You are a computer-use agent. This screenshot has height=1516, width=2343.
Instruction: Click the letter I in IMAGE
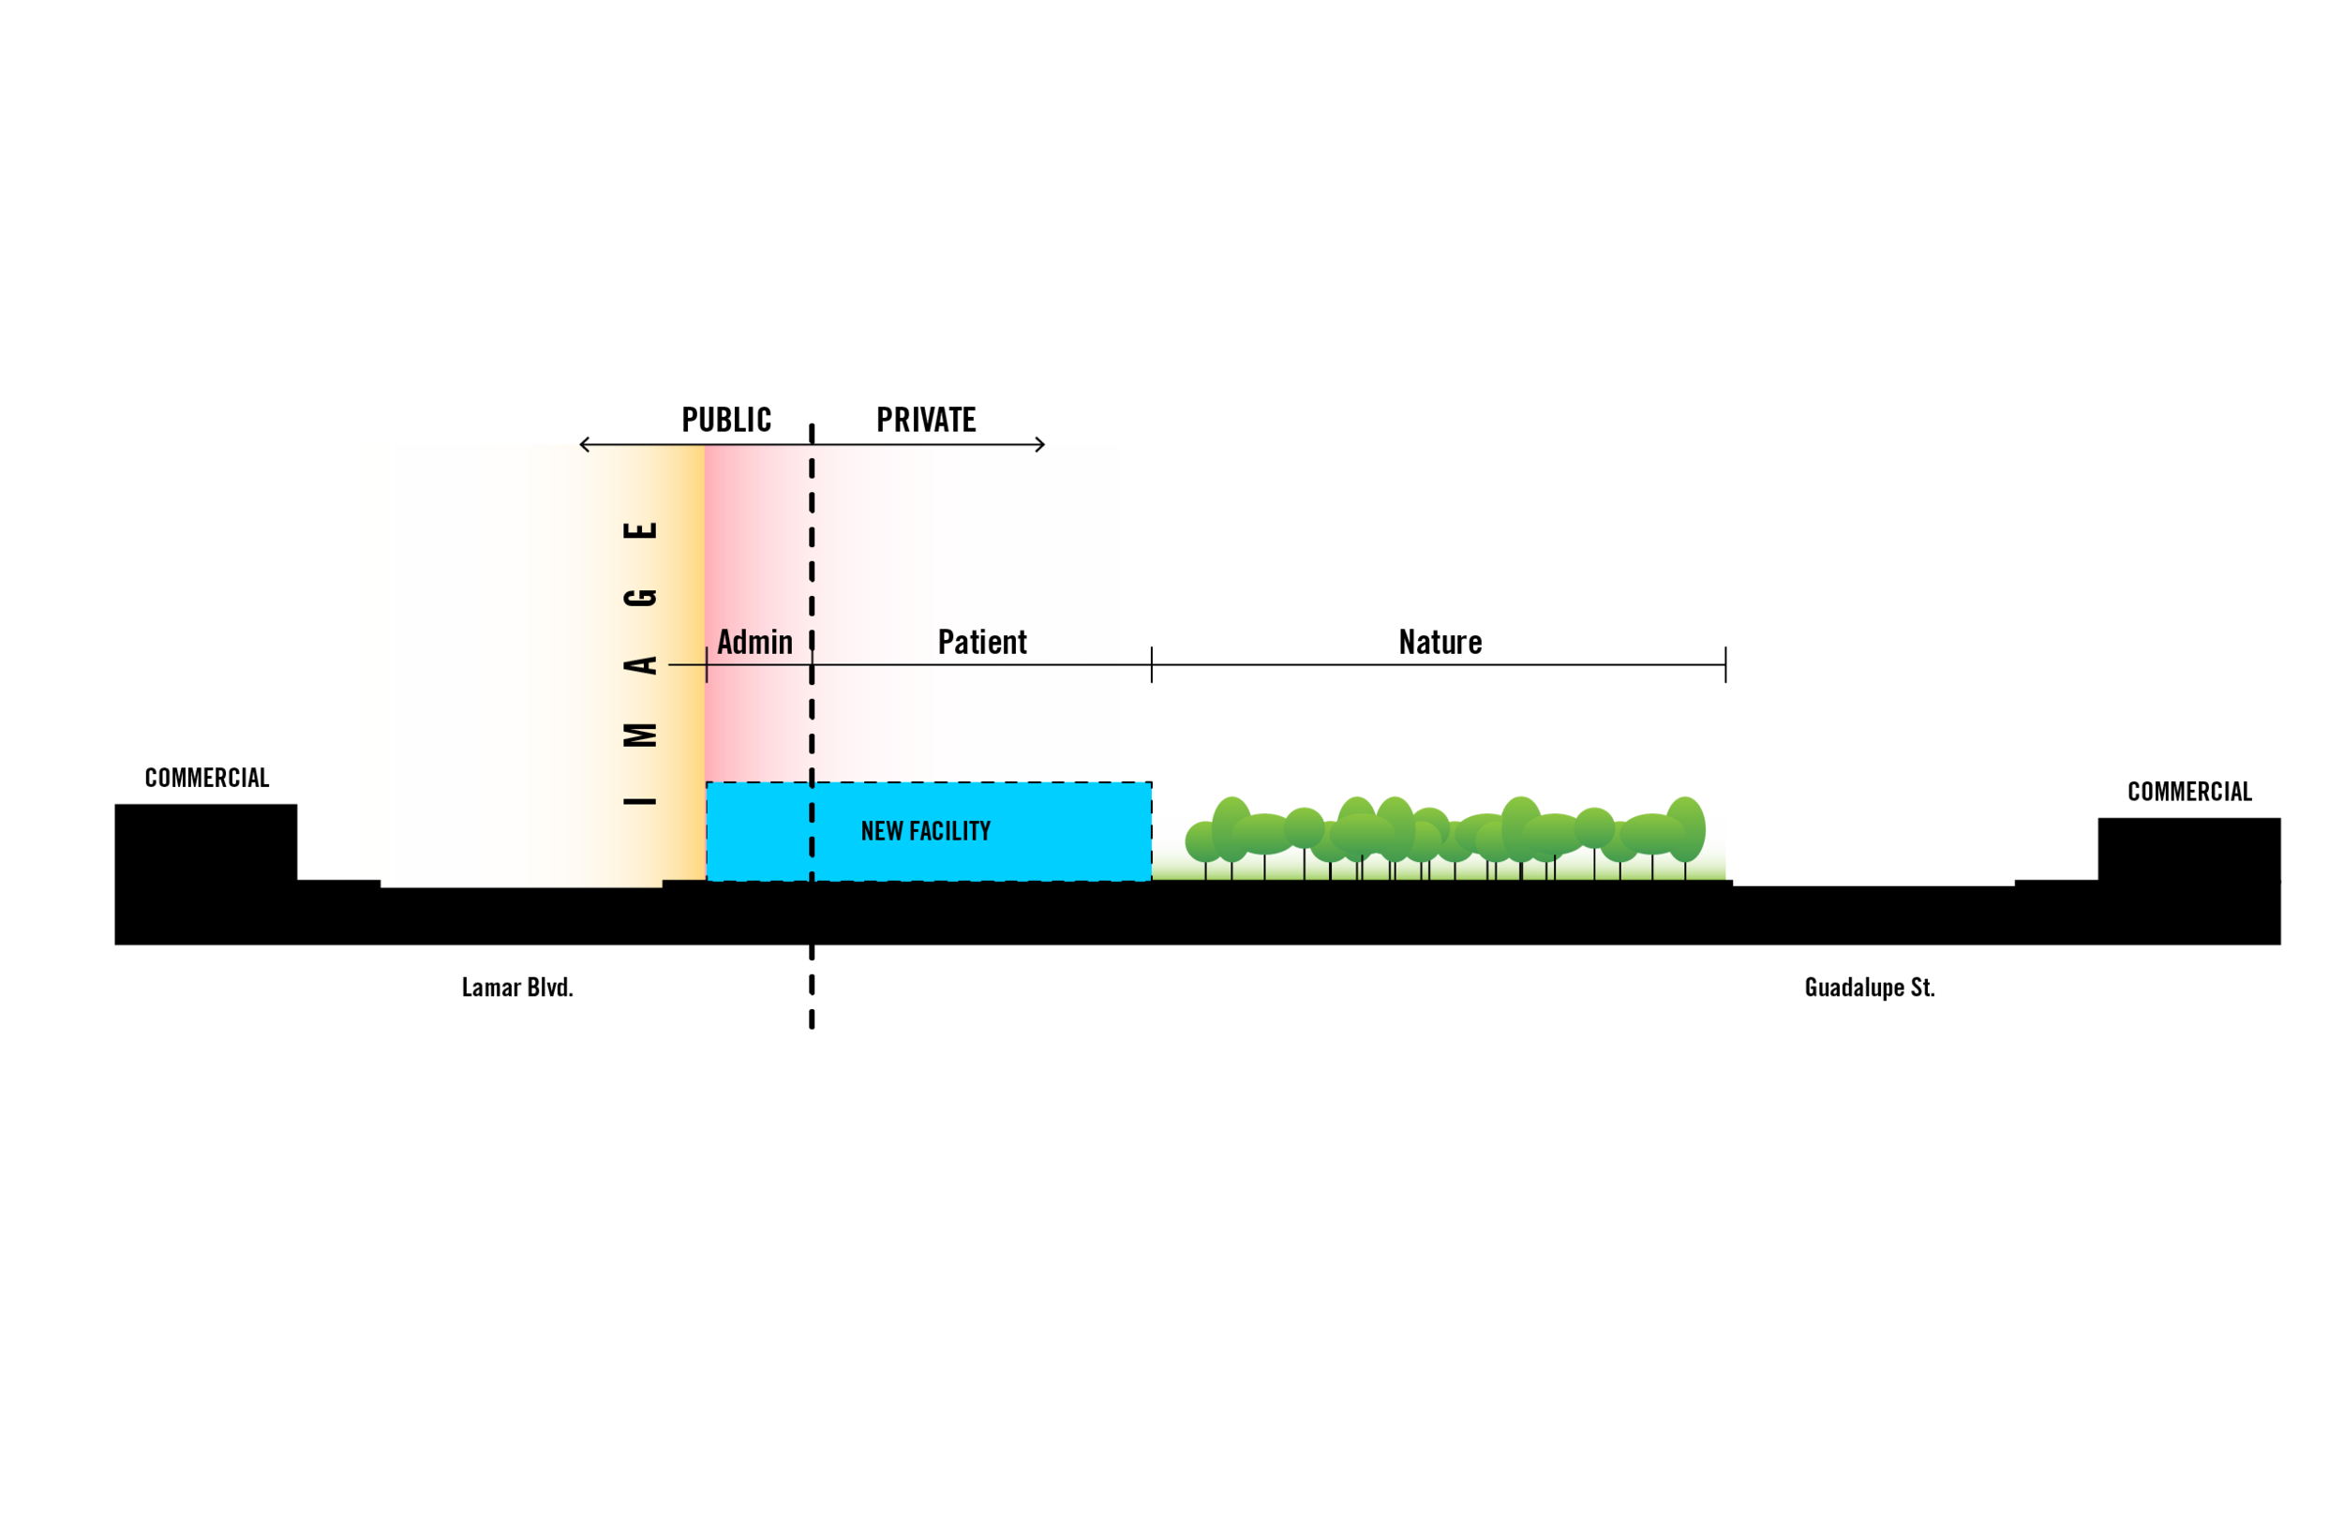[640, 801]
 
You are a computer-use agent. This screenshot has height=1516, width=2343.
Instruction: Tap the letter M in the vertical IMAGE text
[640, 735]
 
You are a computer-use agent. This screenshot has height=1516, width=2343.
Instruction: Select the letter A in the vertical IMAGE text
[640, 665]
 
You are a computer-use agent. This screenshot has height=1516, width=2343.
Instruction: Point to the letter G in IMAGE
[640, 598]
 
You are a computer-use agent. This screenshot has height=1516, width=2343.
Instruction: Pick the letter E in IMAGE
[640, 529]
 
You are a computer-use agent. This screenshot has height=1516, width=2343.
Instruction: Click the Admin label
[754, 643]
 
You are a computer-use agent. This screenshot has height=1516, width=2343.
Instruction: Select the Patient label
[981, 643]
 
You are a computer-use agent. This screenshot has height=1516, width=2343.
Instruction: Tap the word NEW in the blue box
[881, 832]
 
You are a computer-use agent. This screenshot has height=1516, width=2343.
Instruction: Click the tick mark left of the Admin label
[707, 665]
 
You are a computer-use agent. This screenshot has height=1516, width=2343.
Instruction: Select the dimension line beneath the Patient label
[984, 665]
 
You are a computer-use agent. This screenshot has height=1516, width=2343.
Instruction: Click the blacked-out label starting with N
[1554, 644]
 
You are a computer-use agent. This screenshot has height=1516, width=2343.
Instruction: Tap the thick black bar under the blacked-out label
[1438, 675]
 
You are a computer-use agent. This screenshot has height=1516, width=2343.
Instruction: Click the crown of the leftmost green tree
[1203, 841]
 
